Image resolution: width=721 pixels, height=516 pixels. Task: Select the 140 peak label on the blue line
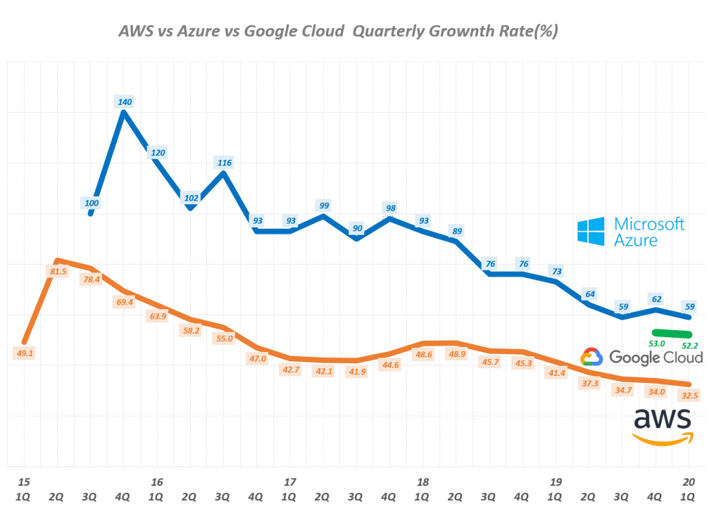pyautogui.click(x=124, y=101)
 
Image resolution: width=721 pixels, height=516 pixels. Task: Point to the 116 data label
pyautogui.click(x=225, y=163)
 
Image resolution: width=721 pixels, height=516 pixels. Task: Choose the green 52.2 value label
pyautogui.click(x=690, y=346)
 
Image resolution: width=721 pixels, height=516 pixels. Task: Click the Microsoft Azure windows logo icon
pyautogui.click(x=591, y=232)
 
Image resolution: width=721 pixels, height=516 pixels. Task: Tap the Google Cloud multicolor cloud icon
pyautogui.click(x=591, y=358)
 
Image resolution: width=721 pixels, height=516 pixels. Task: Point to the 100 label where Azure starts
pyautogui.click(x=92, y=203)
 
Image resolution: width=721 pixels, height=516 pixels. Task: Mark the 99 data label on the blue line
pyautogui.click(x=324, y=206)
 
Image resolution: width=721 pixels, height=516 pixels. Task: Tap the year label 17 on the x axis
pyautogui.click(x=289, y=482)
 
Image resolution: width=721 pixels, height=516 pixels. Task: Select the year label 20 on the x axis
pyautogui.click(x=689, y=482)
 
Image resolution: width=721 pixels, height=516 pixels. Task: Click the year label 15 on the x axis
pyautogui.click(x=24, y=482)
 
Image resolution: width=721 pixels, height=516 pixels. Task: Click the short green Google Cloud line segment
pyautogui.click(x=672, y=332)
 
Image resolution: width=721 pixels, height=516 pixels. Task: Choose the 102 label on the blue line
pyautogui.click(x=190, y=198)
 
